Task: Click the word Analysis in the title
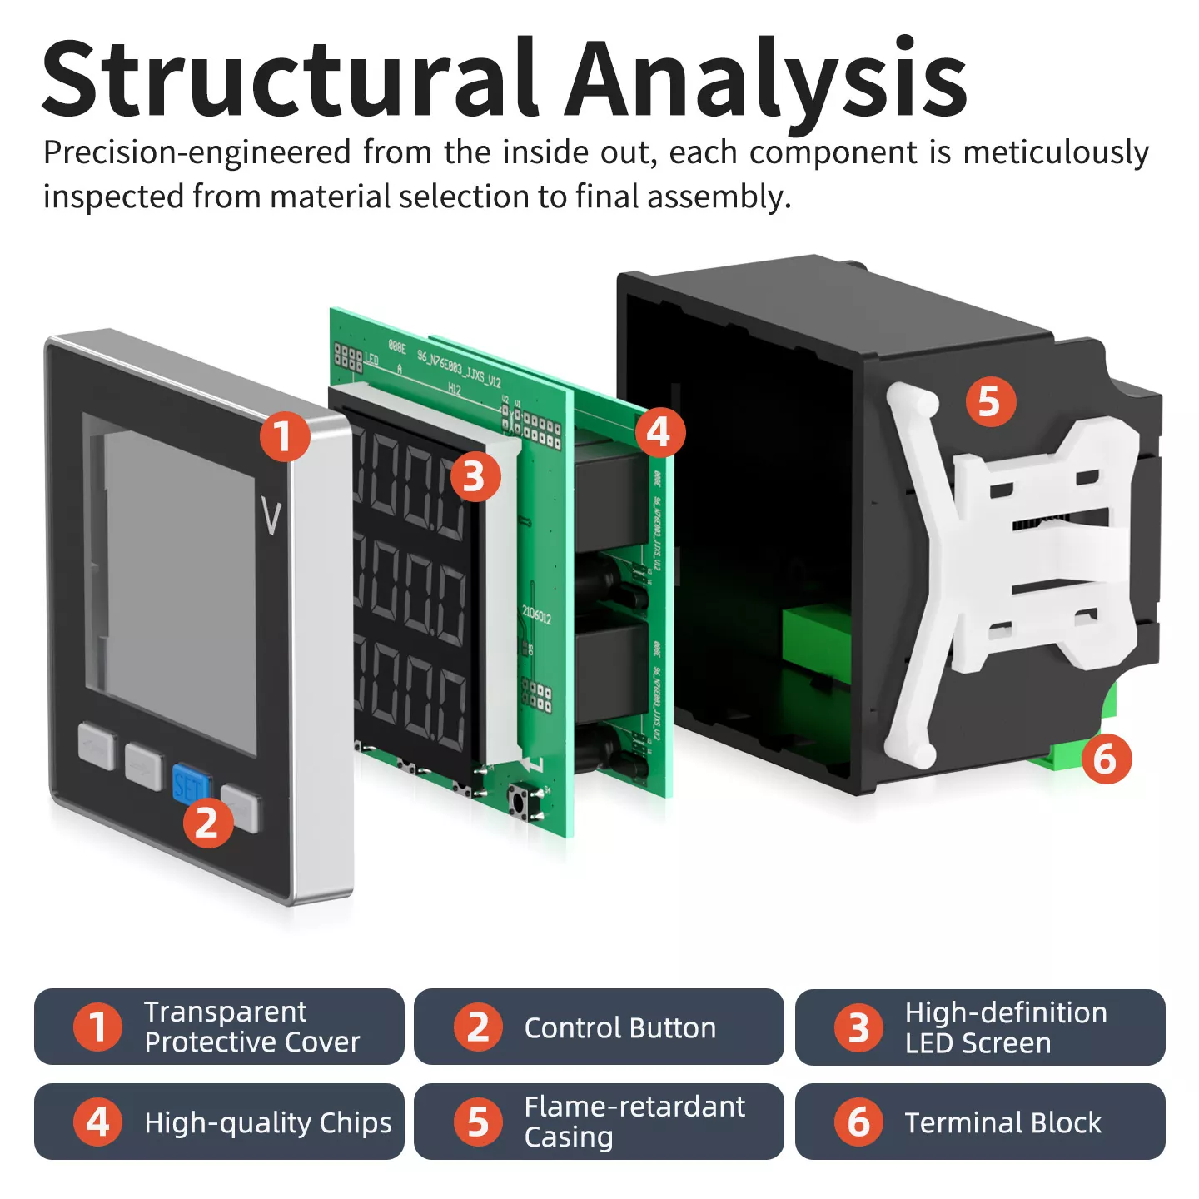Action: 766,78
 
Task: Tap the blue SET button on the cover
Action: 189,784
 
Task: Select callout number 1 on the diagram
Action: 285,436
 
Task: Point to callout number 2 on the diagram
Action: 207,823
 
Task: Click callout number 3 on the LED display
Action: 475,477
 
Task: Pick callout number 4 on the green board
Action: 659,432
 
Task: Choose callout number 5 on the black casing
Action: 990,401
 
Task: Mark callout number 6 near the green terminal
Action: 1106,759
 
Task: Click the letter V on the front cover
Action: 271,517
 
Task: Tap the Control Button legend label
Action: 619,1028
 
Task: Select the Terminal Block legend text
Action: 1002,1122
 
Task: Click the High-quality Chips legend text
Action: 267,1122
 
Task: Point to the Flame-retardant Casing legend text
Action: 634,1122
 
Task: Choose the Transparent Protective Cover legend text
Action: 251,1027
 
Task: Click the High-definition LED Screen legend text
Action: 1005,1027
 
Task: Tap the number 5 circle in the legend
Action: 478,1122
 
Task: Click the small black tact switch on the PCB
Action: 519,803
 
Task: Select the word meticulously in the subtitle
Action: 1055,153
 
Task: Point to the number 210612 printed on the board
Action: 537,615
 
